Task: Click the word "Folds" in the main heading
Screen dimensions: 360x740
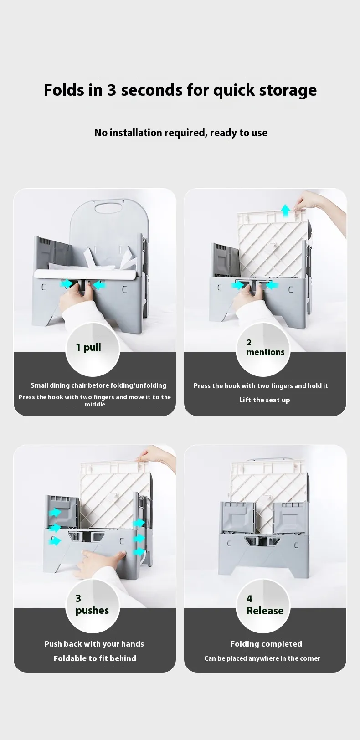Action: coord(64,90)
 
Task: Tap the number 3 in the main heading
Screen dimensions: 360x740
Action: coord(112,90)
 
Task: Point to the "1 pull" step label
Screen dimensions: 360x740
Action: coord(88,348)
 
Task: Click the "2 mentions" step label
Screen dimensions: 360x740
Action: coord(265,347)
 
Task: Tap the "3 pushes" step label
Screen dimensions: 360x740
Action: coord(92,605)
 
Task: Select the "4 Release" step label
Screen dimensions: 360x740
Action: coord(265,605)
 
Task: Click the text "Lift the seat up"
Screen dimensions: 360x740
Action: coord(265,400)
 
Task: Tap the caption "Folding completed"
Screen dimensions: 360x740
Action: coord(266,644)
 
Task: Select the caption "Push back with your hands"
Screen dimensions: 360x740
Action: coord(94,644)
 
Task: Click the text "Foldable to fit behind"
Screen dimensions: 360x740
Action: coord(95,658)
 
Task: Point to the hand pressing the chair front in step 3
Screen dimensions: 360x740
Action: coord(99,561)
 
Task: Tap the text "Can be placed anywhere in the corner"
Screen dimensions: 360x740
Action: coord(262,658)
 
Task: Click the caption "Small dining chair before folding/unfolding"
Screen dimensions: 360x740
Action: coord(98,385)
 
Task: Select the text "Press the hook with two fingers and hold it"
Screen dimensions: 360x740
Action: coord(261,386)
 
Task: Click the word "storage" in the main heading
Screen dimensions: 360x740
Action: coord(288,91)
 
